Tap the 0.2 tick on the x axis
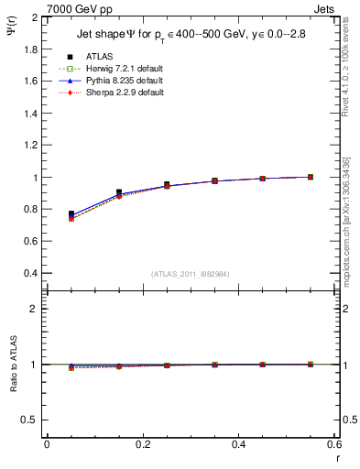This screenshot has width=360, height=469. pos(143,444)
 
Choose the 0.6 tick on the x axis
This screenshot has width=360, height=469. pos(334,444)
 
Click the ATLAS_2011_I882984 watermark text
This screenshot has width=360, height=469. pos(191,274)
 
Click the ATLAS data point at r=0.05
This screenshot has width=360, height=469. pos(71,213)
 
